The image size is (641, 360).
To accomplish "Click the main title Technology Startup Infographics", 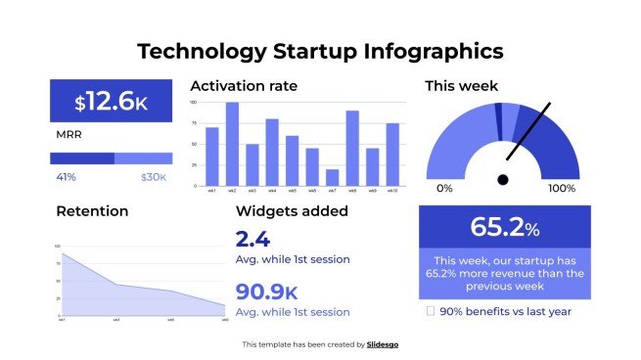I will point(320,51).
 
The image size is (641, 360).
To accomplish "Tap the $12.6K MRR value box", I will point(111,101).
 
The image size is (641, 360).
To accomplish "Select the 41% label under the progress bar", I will point(67,177).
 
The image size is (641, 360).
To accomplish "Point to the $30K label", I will point(154,177).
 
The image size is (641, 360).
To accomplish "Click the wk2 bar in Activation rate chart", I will point(232,144).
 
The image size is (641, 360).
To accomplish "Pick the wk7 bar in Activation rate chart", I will point(333,177).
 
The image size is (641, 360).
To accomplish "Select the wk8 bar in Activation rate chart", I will point(352,148).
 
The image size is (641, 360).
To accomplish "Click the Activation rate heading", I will point(244,86).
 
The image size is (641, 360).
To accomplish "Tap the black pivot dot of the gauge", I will point(503,179).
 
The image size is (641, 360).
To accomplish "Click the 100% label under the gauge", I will point(562,188).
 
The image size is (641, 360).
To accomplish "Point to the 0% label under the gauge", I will point(444,188).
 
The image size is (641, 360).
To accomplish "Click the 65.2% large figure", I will point(504,227).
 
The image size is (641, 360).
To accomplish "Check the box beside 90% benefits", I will point(431,311).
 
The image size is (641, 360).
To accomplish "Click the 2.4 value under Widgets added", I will point(252,239).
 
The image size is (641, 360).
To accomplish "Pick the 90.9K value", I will point(267,292).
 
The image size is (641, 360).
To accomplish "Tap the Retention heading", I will point(92,210).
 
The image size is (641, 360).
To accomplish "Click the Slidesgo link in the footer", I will point(383,344).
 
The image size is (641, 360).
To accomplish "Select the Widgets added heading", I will point(292,210).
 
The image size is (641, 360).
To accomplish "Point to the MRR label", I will point(69,135).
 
